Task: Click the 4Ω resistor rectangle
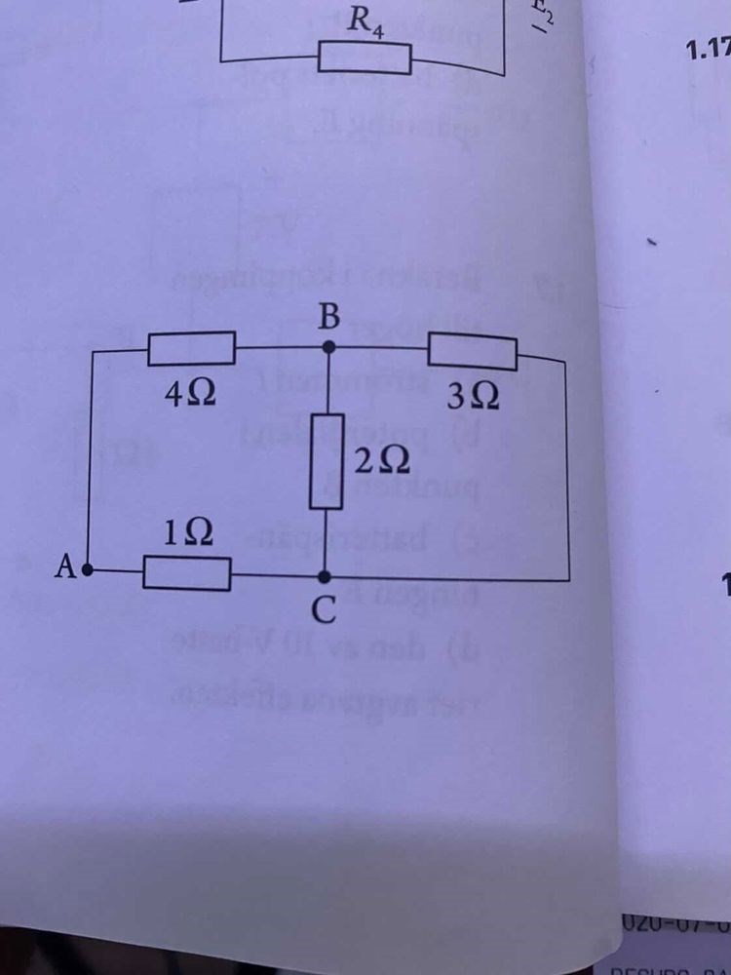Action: (191, 348)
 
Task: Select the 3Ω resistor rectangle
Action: (473, 351)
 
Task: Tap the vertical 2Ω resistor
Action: (326, 460)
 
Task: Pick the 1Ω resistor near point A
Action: (187, 573)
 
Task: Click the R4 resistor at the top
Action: (365, 58)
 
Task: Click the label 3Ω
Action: (474, 398)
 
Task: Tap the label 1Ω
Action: (185, 532)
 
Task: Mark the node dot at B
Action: (328, 344)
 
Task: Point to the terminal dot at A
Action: (88, 570)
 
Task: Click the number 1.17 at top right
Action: (709, 51)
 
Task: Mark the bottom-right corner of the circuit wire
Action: (568, 580)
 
